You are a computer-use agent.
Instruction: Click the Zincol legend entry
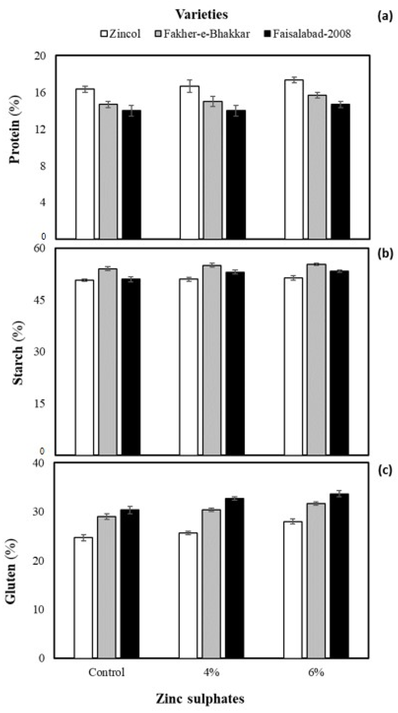pyautogui.click(x=121, y=34)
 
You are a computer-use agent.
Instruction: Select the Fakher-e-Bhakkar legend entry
pyautogui.click(x=202, y=34)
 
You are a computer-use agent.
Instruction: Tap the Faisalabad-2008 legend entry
pyautogui.click(x=308, y=34)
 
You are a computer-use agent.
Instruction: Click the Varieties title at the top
pyautogui.click(x=202, y=14)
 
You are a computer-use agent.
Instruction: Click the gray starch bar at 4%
pyautogui.click(x=212, y=360)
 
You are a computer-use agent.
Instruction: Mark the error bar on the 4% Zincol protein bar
pyautogui.click(x=189, y=86)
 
